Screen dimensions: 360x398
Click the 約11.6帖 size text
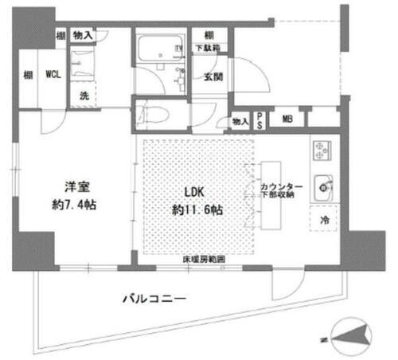(x=196, y=209)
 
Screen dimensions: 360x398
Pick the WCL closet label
(x=53, y=74)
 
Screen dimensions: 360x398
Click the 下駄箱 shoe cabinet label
(x=210, y=50)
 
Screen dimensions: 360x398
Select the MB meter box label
(x=286, y=119)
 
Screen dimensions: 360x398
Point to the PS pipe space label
(x=259, y=119)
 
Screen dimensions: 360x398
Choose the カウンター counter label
(x=276, y=187)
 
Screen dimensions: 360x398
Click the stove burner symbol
(x=322, y=150)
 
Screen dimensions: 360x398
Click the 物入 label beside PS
(x=239, y=120)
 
